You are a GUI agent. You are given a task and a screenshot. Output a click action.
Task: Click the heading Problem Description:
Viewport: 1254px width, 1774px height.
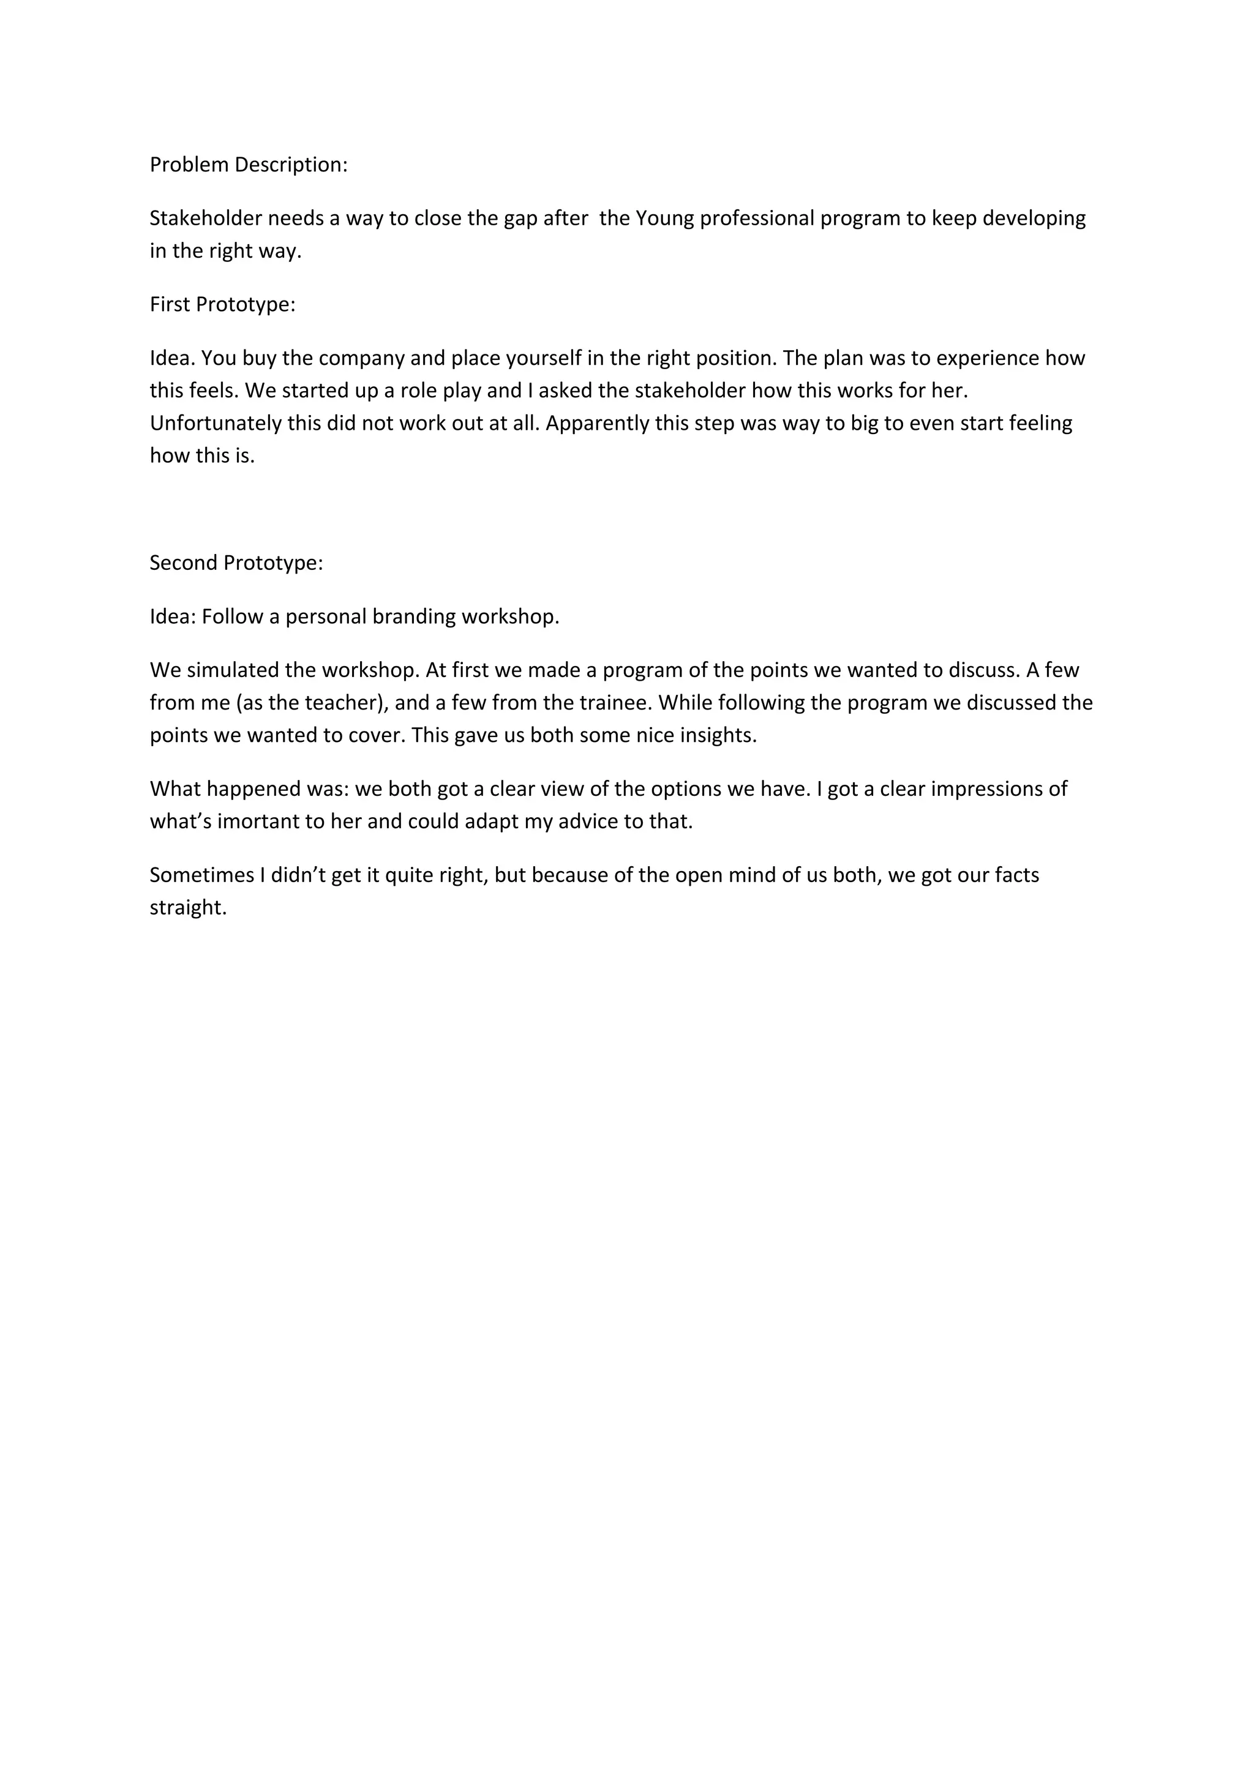coord(248,165)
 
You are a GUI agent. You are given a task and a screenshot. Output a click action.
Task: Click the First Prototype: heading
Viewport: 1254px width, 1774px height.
coord(222,304)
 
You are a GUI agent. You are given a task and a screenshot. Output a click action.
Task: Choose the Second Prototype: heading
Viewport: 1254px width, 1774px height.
coord(236,563)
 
